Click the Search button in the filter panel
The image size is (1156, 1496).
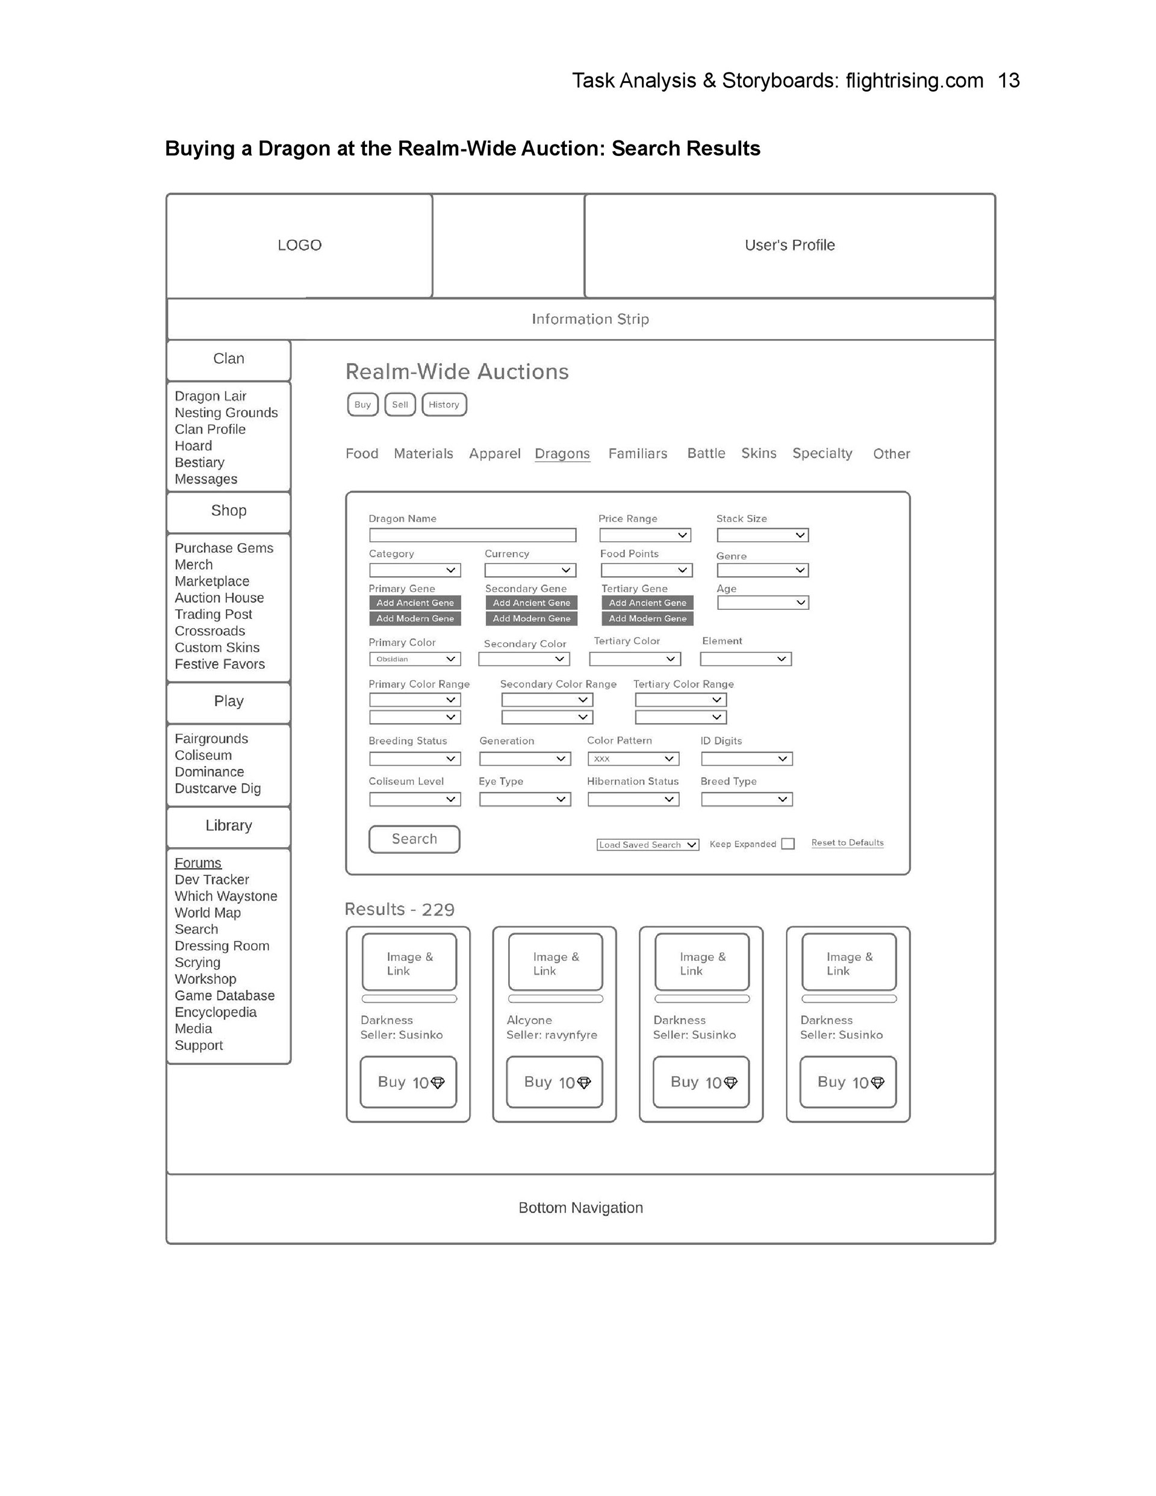point(414,839)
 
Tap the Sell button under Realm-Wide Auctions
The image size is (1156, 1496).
point(400,405)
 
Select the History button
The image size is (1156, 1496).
point(444,405)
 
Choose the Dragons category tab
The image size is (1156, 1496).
point(562,453)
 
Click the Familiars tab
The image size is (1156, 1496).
point(637,453)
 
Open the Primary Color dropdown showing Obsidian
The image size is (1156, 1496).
point(415,659)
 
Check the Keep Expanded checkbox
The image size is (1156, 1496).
point(788,844)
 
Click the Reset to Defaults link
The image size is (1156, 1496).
point(847,843)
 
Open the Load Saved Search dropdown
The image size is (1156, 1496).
point(648,845)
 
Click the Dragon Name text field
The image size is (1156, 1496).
point(472,535)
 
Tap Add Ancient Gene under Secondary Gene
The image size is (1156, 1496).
point(531,603)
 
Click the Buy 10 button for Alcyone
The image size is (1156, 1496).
point(555,1082)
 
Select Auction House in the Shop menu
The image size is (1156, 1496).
point(219,598)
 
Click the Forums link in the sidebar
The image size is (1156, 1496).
point(198,863)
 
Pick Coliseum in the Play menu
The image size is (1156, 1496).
point(203,756)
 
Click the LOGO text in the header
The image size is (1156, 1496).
point(299,245)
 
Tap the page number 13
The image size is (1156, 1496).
point(1008,81)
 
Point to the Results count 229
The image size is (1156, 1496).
point(438,910)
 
